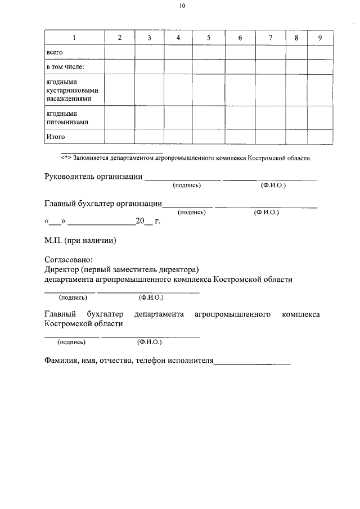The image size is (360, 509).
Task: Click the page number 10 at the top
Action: point(182,6)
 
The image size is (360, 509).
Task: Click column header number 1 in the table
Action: point(74,38)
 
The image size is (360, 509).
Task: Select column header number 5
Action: point(208,38)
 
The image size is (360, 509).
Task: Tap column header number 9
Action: point(319,38)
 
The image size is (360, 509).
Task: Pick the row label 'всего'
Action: point(54,52)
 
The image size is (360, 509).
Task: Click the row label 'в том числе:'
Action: point(65,67)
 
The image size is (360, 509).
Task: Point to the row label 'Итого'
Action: point(55,137)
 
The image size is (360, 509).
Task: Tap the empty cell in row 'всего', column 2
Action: point(119,52)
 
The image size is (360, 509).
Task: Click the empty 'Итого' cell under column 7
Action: point(270,137)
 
